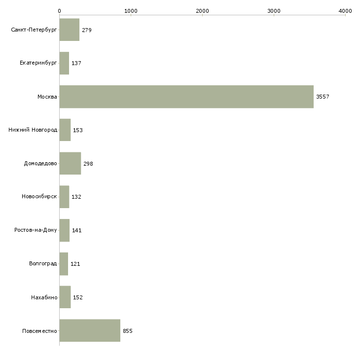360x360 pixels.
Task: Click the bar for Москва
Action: click(x=186, y=97)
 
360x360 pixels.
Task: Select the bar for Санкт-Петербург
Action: click(x=70, y=30)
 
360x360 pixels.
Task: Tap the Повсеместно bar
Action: click(x=90, y=330)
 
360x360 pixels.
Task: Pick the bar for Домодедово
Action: click(x=70, y=163)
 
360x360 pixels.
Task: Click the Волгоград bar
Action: click(x=64, y=264)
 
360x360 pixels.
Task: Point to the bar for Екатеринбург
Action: click(x=64, y=63)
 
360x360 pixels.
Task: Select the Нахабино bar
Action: click(x=65, y=297)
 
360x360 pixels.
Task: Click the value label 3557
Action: click(x=323, y=97)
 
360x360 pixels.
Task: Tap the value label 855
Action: click(x=128, y=331)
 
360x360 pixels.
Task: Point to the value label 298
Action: click(x=88, y=164)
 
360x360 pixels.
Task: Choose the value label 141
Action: click(x=76, y=230)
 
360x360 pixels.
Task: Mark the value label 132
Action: click(x=76, y=197)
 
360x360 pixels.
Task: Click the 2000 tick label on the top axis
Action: click(x=202, y=11)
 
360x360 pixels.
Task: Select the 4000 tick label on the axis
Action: click(x=345, y=11)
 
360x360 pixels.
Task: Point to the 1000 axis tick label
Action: click(x=131, y=11)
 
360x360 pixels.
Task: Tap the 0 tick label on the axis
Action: click(x=60, y=11)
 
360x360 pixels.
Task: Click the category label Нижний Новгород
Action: click(x=33, y=130)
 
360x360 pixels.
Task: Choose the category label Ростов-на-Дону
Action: click(x=36, y=230)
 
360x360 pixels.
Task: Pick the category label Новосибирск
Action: click(x=39, y=197)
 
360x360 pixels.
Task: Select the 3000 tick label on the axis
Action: click(x=274, y=11)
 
